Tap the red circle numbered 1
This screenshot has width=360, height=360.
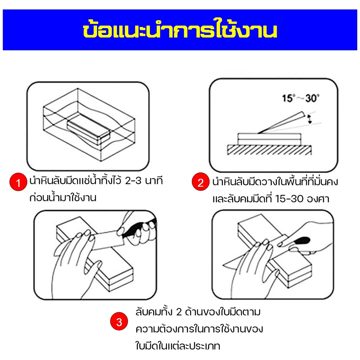(x=18, y=182)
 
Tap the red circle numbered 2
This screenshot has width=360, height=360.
(x=201, y=182)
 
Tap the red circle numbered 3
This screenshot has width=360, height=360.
(x=119, y=321)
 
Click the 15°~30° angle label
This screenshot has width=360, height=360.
(x=301, y=98)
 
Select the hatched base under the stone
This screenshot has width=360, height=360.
(x=269, y=150)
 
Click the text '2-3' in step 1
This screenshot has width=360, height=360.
(x=133, y=181)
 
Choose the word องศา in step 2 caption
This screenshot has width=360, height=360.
(x=318, y=199)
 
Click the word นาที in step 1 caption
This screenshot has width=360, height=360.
(x=154, y=181)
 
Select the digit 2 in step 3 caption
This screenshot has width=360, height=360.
(x=179, y=313)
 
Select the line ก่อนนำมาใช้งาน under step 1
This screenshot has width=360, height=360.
(x=63, y=198)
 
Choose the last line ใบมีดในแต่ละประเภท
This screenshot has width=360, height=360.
(x=178, y=346)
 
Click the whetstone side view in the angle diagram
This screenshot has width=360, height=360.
(x=269, y=139)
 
